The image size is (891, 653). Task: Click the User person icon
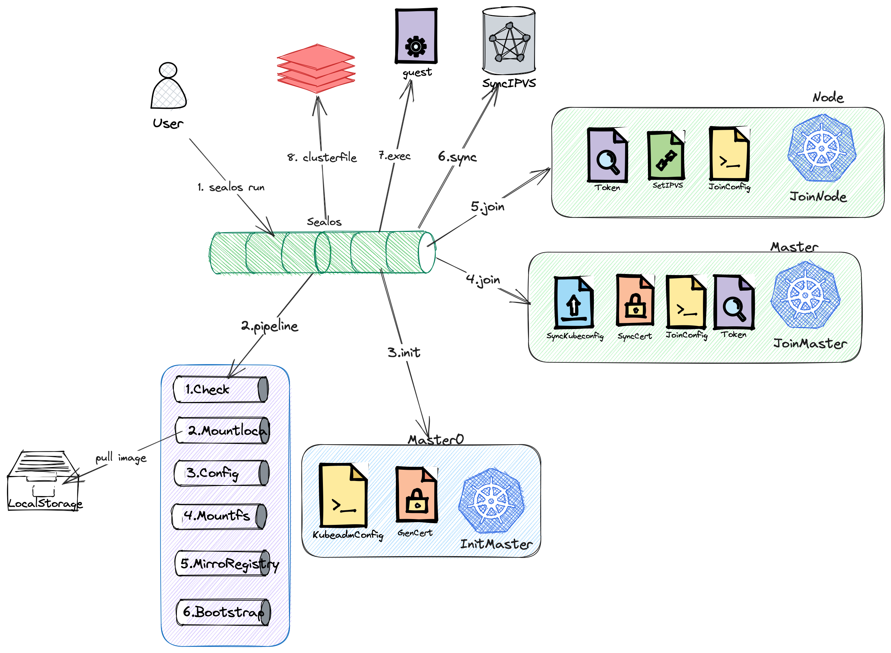coord(168,86)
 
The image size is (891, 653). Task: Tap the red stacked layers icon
coord(316,68)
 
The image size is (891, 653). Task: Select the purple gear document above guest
coord(416,36)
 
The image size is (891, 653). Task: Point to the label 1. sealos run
coord(231,187)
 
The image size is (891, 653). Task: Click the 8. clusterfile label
coord(322,157)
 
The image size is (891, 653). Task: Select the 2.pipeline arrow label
coord(270,326)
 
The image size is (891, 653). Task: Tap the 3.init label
coord(404,352)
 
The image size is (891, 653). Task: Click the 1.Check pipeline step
coord(221,389)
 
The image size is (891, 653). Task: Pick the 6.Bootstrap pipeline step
coord(223,612)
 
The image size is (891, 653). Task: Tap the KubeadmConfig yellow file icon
coord(343,496)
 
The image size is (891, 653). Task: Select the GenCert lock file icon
coord(417,495)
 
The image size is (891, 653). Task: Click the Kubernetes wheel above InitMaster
coord(491,500)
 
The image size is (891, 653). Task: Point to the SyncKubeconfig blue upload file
coord(574,303)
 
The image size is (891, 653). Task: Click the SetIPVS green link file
coord(666,155)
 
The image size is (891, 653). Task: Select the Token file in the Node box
coord(607,155)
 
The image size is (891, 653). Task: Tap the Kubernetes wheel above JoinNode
coord(821,148)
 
